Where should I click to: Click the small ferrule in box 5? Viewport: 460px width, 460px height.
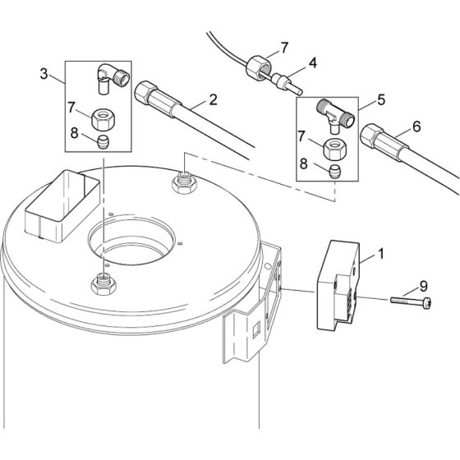(333, 172)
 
